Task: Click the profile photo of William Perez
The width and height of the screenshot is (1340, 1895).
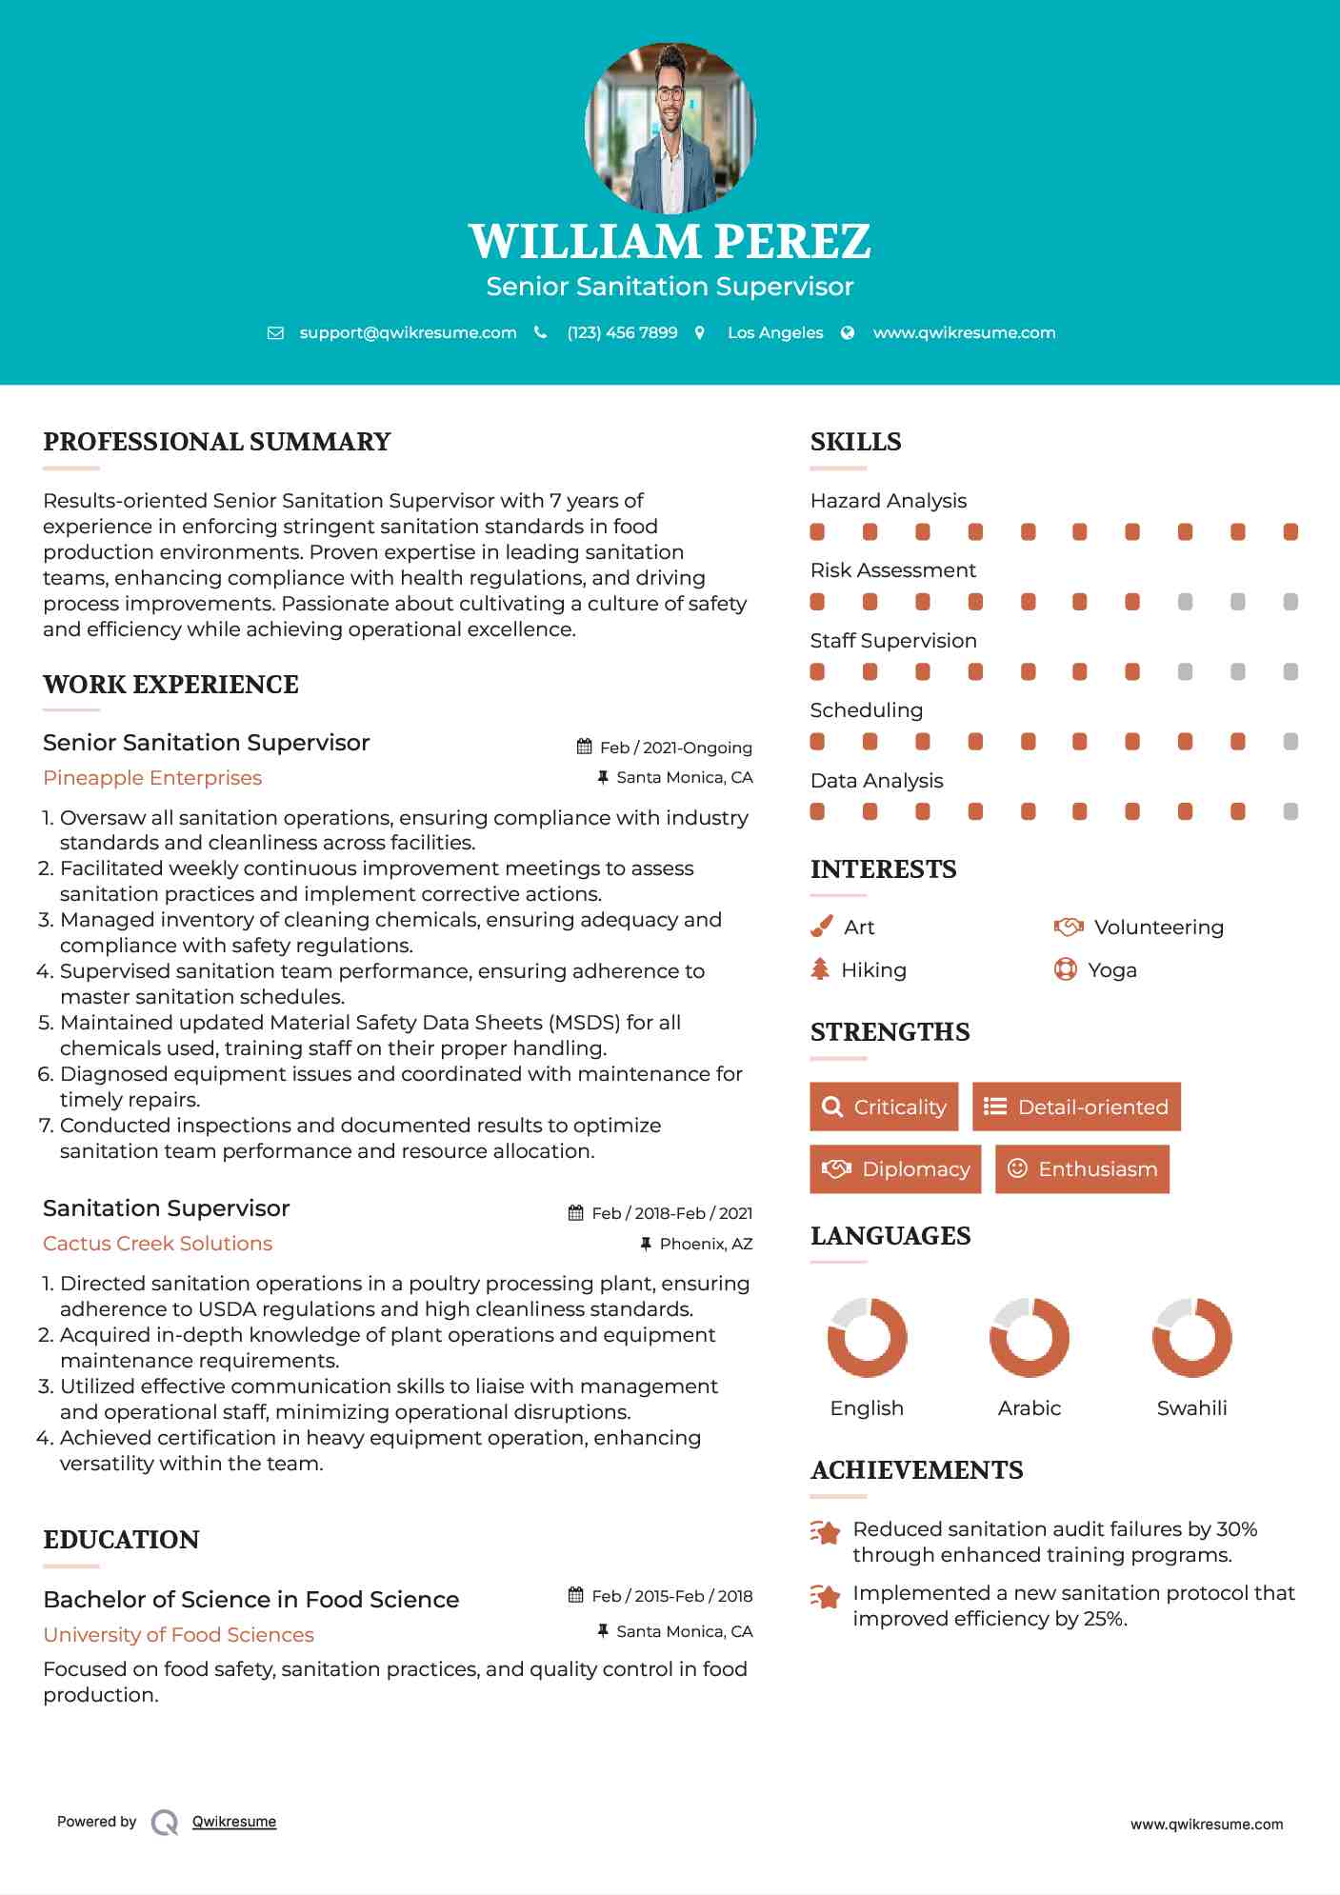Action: click(x=670, y=128)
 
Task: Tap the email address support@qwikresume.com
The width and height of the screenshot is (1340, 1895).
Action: click(x=408, y=332)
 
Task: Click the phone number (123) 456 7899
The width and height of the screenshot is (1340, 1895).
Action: click(x=622, y=332)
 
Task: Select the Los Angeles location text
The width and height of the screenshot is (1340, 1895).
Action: click(x=775, y=332)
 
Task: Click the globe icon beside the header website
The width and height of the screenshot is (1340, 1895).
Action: click(x=848, y=332)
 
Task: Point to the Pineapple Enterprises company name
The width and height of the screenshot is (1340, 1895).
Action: click(x=152, y=777)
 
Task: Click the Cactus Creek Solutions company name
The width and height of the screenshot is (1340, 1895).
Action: click(x=157, y=1243)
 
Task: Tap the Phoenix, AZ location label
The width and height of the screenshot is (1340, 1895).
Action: click(x=706, y=1244)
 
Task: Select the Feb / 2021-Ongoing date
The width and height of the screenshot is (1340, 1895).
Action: click(x=675, y=748)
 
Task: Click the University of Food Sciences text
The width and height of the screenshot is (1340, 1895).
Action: click(x=178, y=1634)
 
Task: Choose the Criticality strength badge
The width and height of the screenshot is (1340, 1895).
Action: click(x=884, y=1107)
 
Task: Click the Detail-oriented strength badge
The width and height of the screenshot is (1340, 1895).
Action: click(x=1076, y=1107)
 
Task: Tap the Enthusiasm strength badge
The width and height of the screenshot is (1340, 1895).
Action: click(x=1082, y=1168)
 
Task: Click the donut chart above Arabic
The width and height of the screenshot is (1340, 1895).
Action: click(x=1030, y=1337)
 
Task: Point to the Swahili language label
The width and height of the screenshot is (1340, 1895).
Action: click(x=1191, y=1407)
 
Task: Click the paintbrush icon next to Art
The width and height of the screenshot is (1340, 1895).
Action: click(x=821, y=927)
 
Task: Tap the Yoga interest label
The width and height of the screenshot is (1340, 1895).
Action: click(x=1111, y=969)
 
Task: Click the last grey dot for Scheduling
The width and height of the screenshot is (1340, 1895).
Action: click(x=1290, y=742)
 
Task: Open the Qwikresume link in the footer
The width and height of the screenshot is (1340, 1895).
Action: click(x=234, y=1822)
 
